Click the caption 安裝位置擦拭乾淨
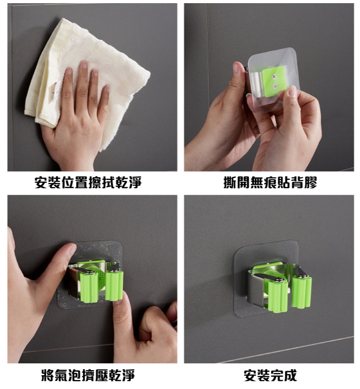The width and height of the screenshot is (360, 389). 88,183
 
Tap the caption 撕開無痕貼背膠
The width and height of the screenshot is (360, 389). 270,183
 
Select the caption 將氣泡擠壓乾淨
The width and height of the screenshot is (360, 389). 88,375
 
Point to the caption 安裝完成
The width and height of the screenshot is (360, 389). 270,375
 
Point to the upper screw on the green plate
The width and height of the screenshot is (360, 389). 274,77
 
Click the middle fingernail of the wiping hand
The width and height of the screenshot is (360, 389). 85,65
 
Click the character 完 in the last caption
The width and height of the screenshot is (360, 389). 277,375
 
